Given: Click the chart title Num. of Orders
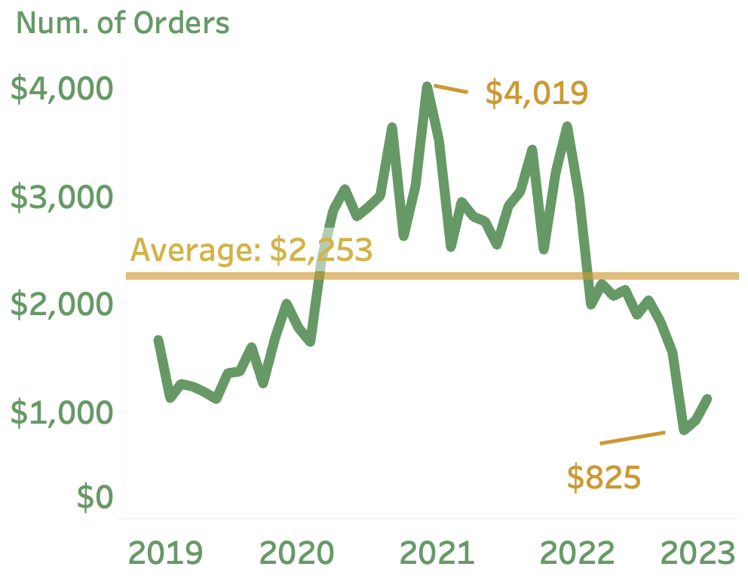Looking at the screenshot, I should (x=123, y=23).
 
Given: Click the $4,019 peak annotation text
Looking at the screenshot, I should (x=536, y=93).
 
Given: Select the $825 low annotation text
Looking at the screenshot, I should (x=604, y=478).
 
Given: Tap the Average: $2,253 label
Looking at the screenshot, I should (x=252, y=250).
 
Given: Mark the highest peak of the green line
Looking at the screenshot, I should (x=427, y=87).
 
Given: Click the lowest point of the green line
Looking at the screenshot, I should (x=684, y=430).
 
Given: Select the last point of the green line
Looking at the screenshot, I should (x=707, y=398).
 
